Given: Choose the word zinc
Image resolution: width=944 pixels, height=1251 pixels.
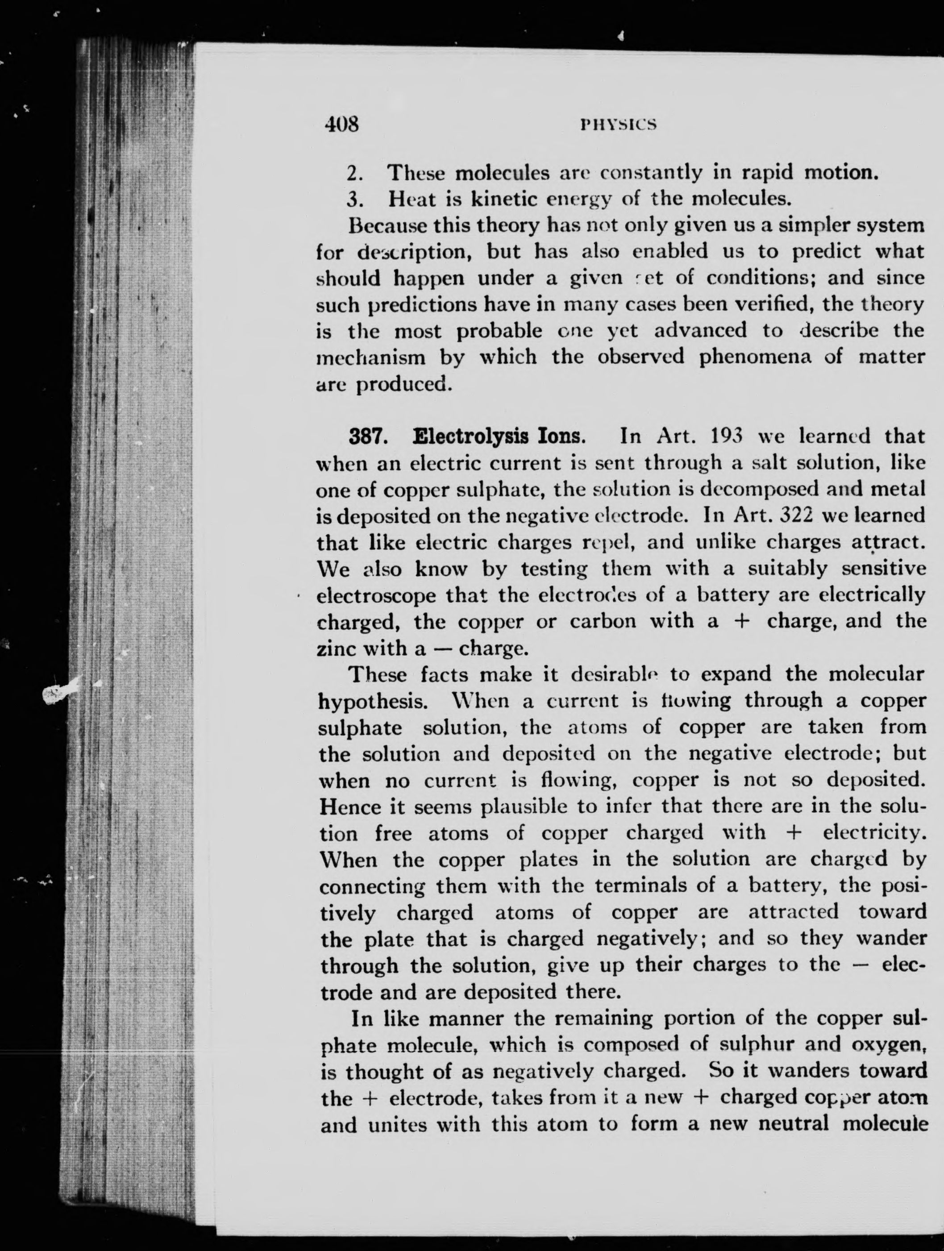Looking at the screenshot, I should (337, 648).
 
